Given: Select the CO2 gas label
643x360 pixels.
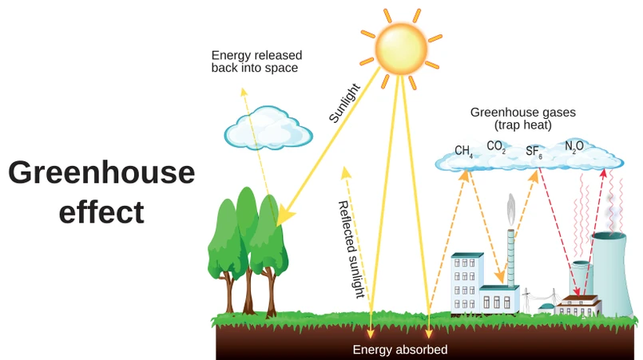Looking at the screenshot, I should point(496,147).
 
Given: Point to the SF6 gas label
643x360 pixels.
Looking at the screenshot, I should point(534,152).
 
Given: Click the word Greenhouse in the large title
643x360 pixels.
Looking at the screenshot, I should point(101,173).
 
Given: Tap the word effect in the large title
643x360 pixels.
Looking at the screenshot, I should point(101,212).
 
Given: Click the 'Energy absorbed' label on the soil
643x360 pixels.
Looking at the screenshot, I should point(400,350).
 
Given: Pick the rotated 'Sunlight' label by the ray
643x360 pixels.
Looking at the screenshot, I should point(345,103).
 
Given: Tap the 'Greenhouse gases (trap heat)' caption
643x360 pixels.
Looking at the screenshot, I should point(523,119).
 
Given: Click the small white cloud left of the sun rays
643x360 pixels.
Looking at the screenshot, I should point(268,128).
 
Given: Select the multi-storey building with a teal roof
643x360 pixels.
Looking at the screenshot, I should point(466,283).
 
